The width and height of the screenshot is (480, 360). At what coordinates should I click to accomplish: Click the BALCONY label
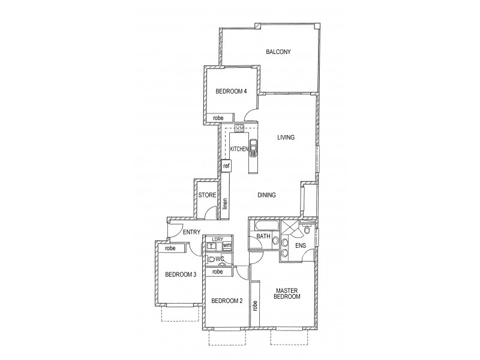pyautogui.click(x=278, y=52)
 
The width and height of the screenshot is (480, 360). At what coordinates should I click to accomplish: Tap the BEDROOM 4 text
pyautogui.click(x=231, y=92)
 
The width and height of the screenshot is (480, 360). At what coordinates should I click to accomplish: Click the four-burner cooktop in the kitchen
pyautogui.click(x=239, y=128)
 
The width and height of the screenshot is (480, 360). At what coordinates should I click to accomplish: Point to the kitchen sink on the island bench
pyautogui.click(x=254, y=147)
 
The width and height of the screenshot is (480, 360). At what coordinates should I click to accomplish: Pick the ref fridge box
pyautogui.click(x=227, y=166)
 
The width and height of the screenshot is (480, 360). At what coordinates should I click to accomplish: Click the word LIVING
pyautogui.click(x=286, y=137)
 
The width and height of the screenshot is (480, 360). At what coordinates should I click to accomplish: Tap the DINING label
pyautogui.click(x=266, y=195)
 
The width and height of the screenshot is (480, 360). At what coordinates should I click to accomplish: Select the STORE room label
pyautogui.click(x=207, y=195)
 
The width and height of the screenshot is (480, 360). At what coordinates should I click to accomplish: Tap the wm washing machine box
pyautogui.click(x=227, y=245)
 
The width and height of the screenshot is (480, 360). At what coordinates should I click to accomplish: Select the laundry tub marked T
pyautogui.click(x=212, y=246)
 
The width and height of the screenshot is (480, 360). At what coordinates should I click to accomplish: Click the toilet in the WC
pyautogui.click(x=212, y=259)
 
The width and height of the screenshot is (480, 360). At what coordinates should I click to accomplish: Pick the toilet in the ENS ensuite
pyautogui.click(x=307, y=229)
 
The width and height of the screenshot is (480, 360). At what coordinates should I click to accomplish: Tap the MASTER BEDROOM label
pyautogui.click(x=286, y=293)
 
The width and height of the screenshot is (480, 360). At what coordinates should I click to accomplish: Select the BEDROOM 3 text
pyautogui.click(x=181, y=275)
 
